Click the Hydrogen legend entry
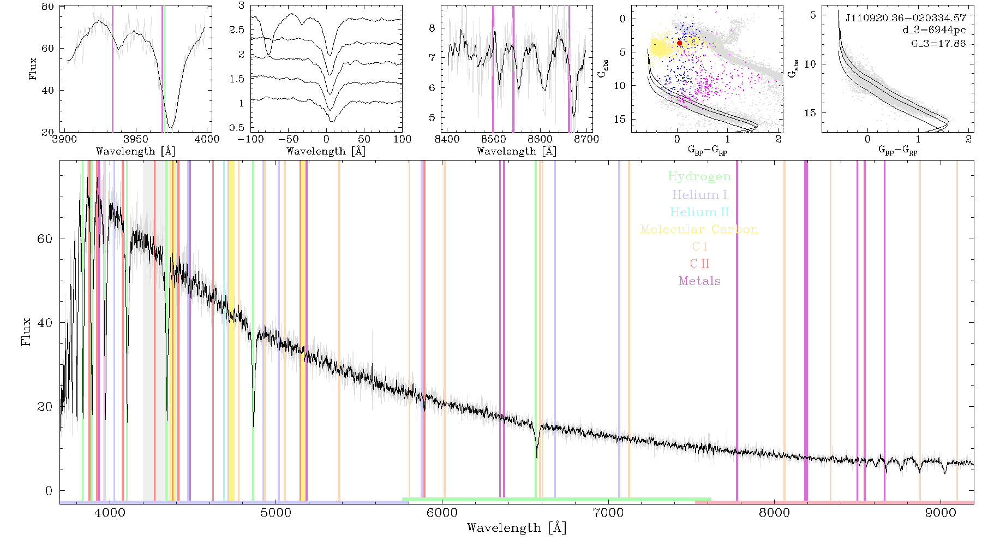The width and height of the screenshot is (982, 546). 699,176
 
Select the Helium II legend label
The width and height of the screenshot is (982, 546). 699,212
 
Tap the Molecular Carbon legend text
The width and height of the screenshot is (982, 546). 699,229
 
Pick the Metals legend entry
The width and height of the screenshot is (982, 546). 699,281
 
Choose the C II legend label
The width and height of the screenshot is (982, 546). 699,264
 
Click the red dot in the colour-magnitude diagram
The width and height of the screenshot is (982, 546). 679,43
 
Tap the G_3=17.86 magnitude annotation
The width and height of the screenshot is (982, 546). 938,43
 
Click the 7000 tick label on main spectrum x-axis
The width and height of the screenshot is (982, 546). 608,513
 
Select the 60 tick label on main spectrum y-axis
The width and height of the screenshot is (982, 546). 45,239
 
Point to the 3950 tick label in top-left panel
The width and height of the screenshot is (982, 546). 136,139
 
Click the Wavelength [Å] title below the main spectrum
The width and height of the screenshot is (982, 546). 517,528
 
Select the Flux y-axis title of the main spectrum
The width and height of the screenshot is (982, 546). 26,331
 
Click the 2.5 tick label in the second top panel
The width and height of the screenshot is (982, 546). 237,30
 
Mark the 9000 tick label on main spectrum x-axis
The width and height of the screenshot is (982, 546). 941,513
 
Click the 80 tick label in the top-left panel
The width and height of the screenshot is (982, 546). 48,7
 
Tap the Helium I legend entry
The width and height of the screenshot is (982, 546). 699,194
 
